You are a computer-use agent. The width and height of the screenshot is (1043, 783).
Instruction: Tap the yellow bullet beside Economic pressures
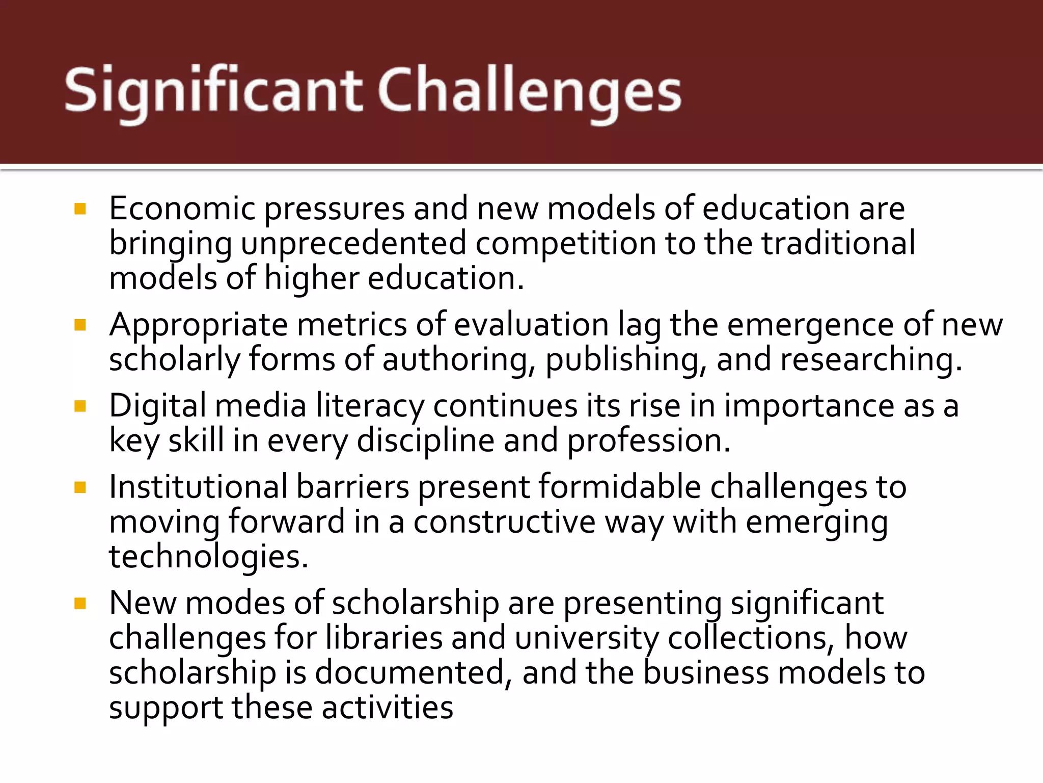pos(80,209)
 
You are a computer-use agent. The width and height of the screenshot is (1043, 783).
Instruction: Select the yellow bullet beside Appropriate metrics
pos(80,325)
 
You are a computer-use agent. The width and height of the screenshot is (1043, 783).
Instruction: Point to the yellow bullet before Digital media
pos(80,406)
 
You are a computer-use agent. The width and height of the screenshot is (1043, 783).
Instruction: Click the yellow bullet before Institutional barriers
pos(80,487)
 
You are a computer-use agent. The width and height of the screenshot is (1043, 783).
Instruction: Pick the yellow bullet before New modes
pos(80,604)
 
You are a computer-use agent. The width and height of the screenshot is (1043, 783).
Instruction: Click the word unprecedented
pos(353,244)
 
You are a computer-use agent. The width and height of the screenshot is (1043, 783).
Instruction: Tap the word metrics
pos(351,325)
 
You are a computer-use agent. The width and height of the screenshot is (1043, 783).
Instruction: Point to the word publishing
pos(626,360)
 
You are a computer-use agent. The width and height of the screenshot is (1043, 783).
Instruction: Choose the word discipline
pos(425,441)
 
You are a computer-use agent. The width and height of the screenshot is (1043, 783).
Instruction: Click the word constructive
pos(504,522)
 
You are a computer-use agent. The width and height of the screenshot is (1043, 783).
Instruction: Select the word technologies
pos(209,557)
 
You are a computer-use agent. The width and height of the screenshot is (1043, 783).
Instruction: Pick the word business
pos(706,673)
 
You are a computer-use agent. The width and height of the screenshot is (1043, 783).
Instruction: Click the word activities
pos(387,708)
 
